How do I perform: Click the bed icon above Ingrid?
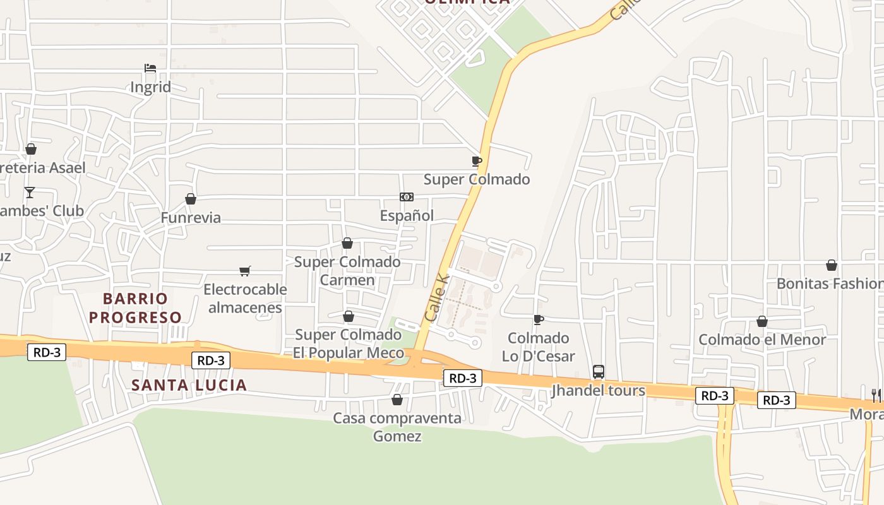(x=150, y=68)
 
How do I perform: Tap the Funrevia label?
(x=191, y=218)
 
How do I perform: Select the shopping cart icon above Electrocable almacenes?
(x=245, y=271)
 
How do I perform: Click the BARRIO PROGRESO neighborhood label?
(x=135, y=307)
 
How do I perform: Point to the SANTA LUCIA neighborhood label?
(x=189, y=384)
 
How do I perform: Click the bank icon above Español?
(x=407, y=197)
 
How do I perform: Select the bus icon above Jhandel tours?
(x=599, y=372)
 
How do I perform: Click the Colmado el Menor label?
(x=762, y=340)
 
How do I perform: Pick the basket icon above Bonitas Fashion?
(x=832, y=265)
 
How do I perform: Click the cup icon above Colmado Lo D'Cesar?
(x=538, y=319)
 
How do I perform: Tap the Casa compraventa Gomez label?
(x=397, y=427)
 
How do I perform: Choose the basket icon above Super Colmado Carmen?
(x=347, y=243)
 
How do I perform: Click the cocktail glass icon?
(x=30, y=192)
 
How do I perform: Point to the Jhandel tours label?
(x=599, y=391)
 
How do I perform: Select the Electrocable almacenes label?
(x=245, y=299)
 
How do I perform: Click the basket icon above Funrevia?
(x=191, y=199)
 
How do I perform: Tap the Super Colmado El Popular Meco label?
(x=348, y=343)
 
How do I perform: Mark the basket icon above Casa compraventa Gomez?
(x=397, y=400)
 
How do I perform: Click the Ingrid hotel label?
(x=150, y=87)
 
